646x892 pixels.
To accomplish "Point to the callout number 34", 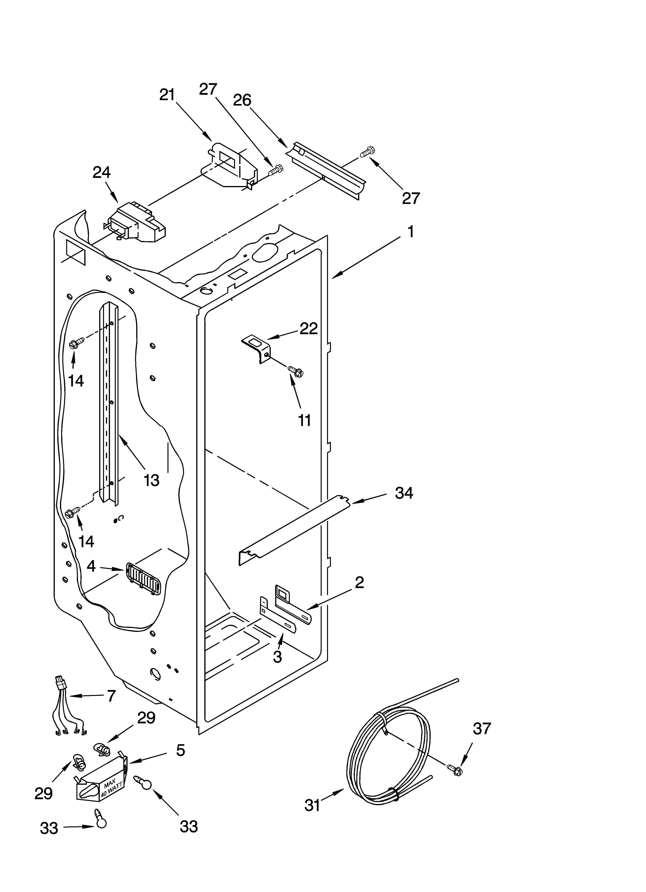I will pos(404,493).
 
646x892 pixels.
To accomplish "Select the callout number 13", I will pos(151,480).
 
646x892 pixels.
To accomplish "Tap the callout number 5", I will pos(180,750).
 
